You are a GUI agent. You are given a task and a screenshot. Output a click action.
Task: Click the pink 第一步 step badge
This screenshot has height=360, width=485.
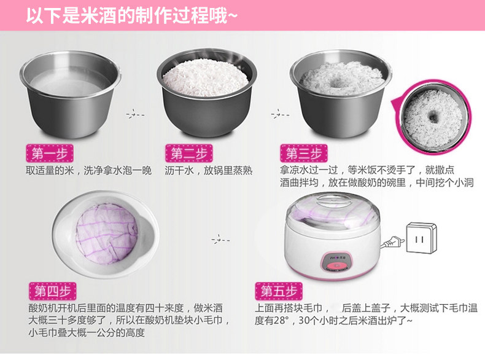click(50, 153)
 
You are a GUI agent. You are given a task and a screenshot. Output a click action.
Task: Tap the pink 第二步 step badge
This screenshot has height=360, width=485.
click(189, 153)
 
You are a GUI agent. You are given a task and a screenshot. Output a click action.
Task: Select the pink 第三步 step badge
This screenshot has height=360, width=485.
click(304, 153)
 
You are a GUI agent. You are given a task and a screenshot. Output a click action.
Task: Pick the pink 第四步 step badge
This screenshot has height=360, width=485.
click(53, 291)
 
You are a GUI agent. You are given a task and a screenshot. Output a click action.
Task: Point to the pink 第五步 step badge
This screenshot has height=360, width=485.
click(279, 291)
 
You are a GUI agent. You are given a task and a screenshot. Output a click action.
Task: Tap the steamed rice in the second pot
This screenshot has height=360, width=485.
click(206, 77)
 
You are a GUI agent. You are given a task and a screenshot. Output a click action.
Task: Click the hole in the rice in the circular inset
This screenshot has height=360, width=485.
click(432, 117)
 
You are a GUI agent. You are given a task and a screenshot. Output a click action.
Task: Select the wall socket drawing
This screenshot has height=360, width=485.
click(421, 238)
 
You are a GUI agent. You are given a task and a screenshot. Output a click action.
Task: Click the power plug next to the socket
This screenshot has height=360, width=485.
click(392, 242)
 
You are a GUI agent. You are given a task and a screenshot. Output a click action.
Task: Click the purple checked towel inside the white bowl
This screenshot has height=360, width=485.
click(107, 233)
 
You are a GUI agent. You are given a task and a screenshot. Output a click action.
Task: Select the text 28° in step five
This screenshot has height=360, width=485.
click(279, 321)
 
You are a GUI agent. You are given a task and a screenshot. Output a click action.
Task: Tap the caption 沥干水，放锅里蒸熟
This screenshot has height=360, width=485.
click(209, 170)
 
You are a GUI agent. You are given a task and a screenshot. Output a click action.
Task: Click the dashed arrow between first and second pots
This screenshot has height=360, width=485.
click(135, 114)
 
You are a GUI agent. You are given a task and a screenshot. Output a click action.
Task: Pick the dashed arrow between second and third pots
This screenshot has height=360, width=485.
click(280, 114)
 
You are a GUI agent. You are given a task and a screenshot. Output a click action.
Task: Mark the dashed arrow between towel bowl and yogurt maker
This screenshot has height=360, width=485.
click(220, 240)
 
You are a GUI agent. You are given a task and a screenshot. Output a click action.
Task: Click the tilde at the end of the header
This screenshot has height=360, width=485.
click(233, 15)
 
